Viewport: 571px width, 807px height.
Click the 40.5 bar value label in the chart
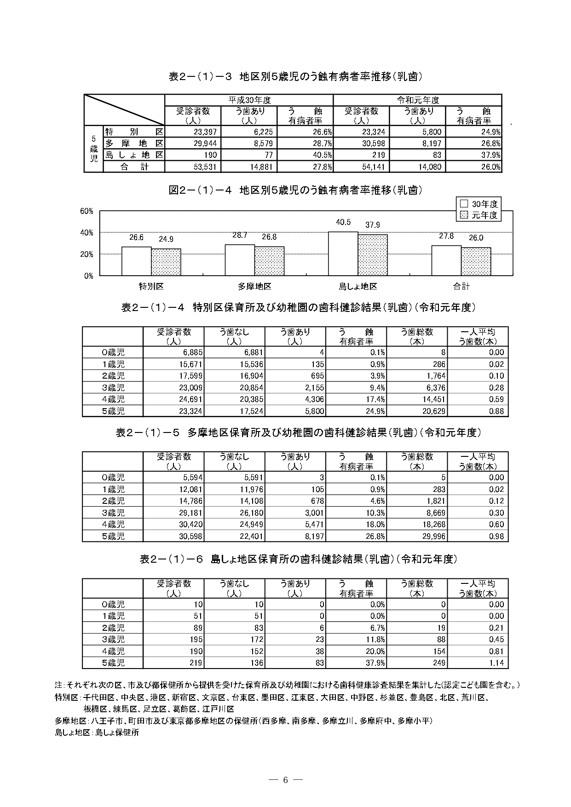tap(343, 222)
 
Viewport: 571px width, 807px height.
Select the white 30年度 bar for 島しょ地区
tap(343, 254)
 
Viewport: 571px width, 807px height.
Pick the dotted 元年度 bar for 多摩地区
tap(270, 261)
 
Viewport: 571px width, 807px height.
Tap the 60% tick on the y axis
tap(87, 211)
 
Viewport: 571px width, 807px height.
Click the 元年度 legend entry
tap(480, 215)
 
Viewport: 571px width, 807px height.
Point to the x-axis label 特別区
tap(151, 286)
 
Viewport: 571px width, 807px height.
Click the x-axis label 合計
tap(461, 286)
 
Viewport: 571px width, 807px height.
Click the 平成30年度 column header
tap(249, 100)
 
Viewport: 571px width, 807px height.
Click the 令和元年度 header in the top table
tap(417, 100)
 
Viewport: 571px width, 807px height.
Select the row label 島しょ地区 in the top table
tap(134, 155)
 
